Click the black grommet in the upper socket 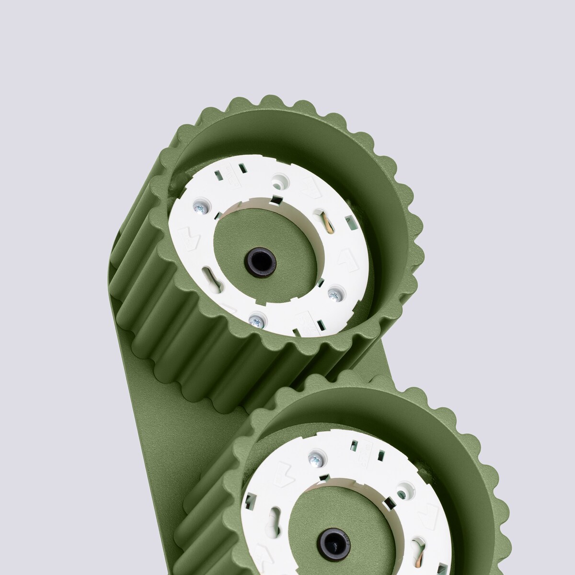click(x=260, y=261)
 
